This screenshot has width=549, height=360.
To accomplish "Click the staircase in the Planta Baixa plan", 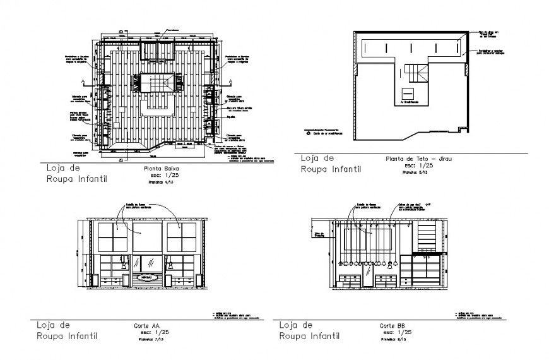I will point(156,82).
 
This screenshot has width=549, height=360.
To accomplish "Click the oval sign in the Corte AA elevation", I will point(146,277).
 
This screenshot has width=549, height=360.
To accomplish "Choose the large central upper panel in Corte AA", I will point(146,237).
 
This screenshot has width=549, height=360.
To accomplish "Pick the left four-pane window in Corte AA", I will point(112,237).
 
